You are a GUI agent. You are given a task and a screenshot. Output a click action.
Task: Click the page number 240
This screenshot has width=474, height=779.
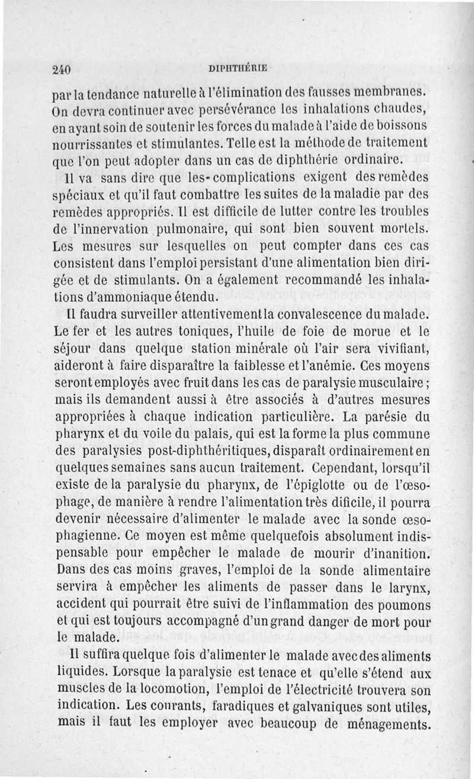coord(61,69)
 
